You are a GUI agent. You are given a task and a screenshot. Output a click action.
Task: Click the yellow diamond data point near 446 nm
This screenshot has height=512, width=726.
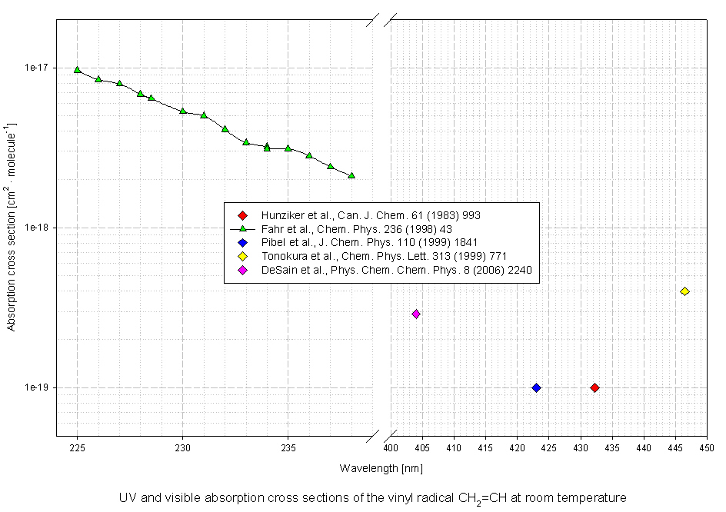click(684, 291)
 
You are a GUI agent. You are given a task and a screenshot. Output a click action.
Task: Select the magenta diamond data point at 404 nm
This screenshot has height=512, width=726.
click(416, 314)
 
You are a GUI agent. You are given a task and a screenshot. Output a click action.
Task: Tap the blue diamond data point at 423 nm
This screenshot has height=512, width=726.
click(536, 387)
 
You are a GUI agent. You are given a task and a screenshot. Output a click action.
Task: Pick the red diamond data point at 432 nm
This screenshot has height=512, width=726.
click(594, 387)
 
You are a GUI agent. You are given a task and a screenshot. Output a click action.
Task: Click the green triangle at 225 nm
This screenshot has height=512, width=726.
click(77, 69)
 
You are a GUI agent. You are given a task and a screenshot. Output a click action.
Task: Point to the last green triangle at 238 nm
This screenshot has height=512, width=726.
click(351, 175)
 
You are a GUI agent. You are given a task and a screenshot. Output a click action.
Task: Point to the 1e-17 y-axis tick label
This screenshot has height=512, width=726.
click(38, 68)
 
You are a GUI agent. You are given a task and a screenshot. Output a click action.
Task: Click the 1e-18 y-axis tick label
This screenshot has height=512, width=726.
click(38, 228)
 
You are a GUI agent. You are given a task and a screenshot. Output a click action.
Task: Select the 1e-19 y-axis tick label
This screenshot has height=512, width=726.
click(38, 387)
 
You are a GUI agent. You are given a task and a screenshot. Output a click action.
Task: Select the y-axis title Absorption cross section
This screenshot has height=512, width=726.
click(12, 226)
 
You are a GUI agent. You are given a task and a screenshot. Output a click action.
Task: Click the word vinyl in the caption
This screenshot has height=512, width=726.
click(391, 498)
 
